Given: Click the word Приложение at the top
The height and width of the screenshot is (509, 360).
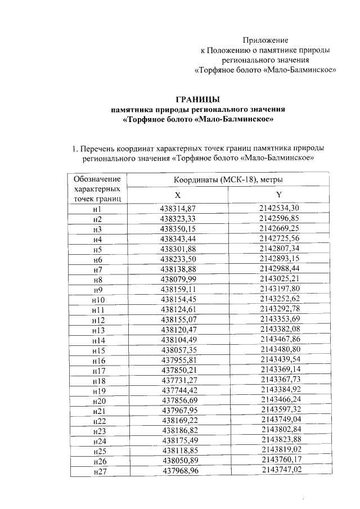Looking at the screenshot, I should click(x=265, y=40).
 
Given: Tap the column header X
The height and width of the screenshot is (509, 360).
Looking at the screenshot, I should click(x=177, y=195).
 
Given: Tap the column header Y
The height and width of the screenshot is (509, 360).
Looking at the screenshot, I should click(x=278, y=195).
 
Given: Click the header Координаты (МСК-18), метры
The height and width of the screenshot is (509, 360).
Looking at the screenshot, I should click(x=227, y=179).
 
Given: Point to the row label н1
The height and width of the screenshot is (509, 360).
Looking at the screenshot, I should click(x=97, y=209).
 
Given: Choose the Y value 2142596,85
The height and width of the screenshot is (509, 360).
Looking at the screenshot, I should click(x=279, y=219).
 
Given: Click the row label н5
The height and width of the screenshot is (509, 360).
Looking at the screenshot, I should click(x=97, y=250).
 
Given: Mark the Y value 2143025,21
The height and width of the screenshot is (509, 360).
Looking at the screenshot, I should click(x=279, y=279).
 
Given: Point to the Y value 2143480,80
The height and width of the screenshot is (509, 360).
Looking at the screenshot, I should click(x=279, y=350).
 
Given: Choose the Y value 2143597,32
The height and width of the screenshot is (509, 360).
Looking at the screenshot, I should click(x=279, y=410).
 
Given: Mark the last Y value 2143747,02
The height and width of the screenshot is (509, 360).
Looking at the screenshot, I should click(x=279, y=470).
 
